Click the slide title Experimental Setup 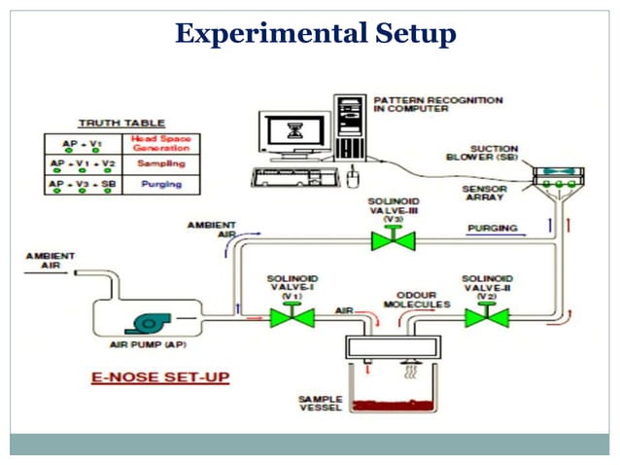315,35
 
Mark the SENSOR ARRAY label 483,194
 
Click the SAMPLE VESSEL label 320,404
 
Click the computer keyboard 292,177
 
